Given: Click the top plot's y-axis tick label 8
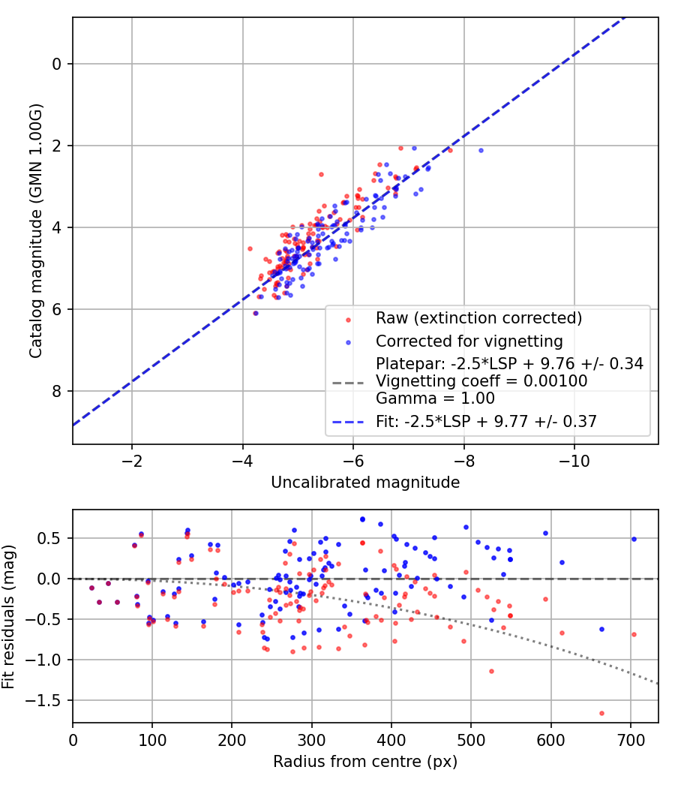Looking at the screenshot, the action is point(57,391).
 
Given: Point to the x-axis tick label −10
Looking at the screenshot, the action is point(574,461).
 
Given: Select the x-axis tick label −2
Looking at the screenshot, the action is point(132,461).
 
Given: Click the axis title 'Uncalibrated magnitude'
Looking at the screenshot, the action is point(365,483).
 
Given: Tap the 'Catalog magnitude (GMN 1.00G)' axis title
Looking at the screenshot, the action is point(35,231).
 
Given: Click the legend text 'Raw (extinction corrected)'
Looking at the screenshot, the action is point(478,318).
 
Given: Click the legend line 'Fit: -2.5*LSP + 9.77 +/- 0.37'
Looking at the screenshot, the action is point(347,422).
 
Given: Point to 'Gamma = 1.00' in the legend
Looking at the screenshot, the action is point(435,399).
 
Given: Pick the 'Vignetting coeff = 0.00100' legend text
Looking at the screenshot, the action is point(481,381).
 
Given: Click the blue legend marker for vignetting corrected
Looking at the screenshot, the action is point(348,343).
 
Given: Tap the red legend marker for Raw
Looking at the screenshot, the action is point(348,320).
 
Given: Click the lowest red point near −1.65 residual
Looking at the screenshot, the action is point(601,713).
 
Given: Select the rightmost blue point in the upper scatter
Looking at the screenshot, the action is point(481,150).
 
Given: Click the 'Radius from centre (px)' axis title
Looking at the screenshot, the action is point(365,762).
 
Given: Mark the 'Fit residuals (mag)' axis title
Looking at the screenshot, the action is point(8,617).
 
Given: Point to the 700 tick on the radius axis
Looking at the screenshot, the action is point(630,740).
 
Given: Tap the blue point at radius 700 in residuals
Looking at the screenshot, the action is point(634,539).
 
